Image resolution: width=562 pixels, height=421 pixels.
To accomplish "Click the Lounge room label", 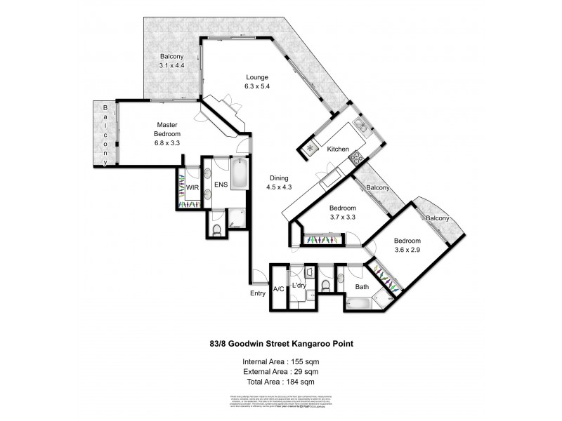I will (x=258, y=77).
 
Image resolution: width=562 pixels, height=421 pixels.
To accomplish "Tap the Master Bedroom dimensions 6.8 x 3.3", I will (x=167, y=142).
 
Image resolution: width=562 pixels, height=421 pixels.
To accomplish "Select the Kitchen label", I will (x=338, y=149).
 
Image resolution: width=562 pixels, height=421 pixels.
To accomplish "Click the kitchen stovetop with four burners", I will (x=356, y=157).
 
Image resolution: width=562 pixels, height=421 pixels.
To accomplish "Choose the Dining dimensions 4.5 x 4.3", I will (x=279, y=187).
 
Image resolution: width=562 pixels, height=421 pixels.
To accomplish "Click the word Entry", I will (x=258, y=293).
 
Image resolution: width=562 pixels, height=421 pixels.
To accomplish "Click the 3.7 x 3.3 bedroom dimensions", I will (x=344, y=219).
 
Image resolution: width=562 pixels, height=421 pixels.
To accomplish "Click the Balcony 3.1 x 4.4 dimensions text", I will (x=171, y=65).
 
